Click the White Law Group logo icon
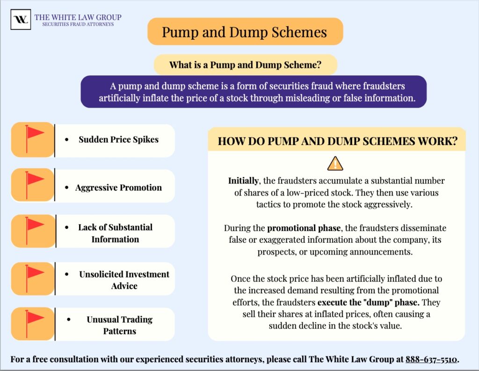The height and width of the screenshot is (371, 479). coord(21,20)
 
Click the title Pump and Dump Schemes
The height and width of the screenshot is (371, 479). coord(245,32)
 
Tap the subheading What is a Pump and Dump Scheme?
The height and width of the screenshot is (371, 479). coord(245,65)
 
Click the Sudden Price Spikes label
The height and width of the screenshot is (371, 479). coord(118,139)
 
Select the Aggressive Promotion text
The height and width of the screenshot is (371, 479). coord(118,188)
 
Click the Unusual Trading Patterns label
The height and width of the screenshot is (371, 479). coord(119,325)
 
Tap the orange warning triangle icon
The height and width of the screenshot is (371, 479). coord(335,163)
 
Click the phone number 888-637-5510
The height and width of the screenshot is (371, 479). coord(431,359)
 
